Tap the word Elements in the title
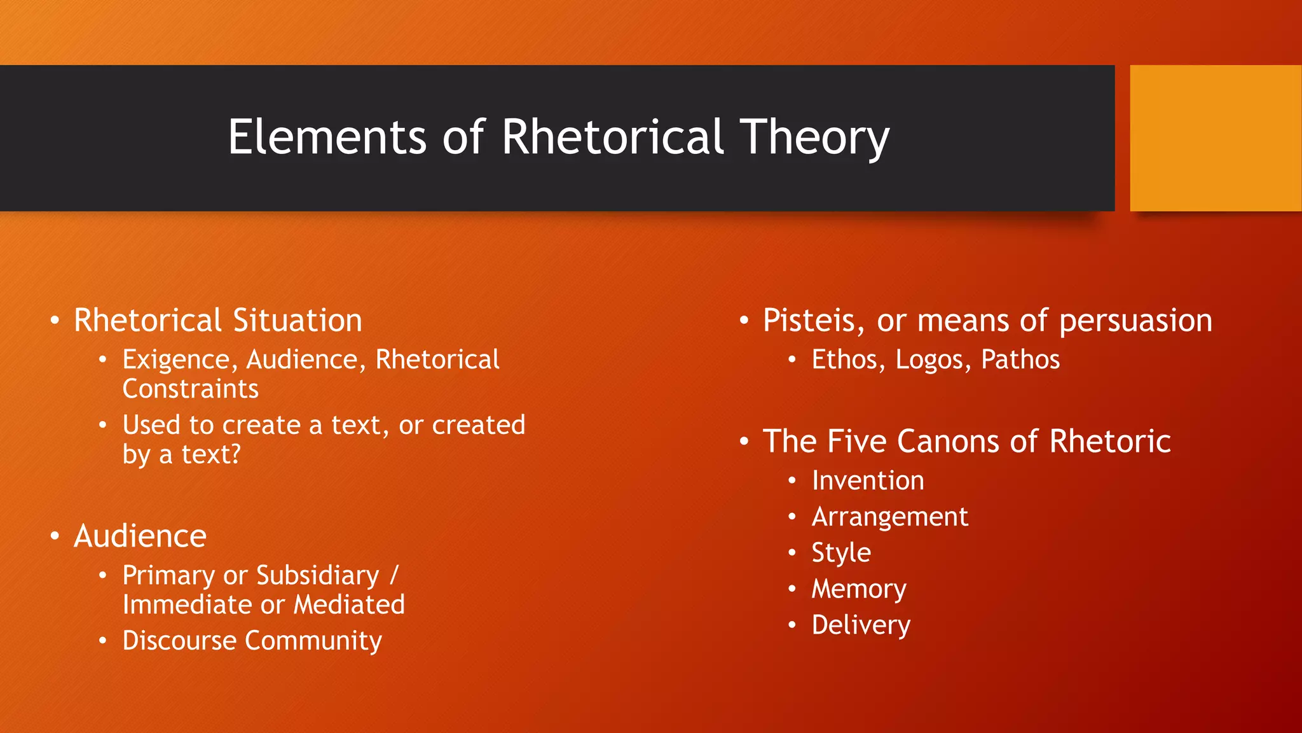click(327, 137)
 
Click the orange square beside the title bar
click(1215, 138)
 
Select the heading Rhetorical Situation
click(217, 320)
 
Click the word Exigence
click(176, 360)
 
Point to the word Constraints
click(190, 389)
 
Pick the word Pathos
click(1020, 360)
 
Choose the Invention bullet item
click(867, 480)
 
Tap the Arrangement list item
click(889, 517)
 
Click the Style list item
click(840, 552)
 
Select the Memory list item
click(858, 589)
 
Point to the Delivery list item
click(860, 625)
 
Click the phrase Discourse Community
click(252, 641)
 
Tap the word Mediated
click(349, 604)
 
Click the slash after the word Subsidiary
click(394, 575)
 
